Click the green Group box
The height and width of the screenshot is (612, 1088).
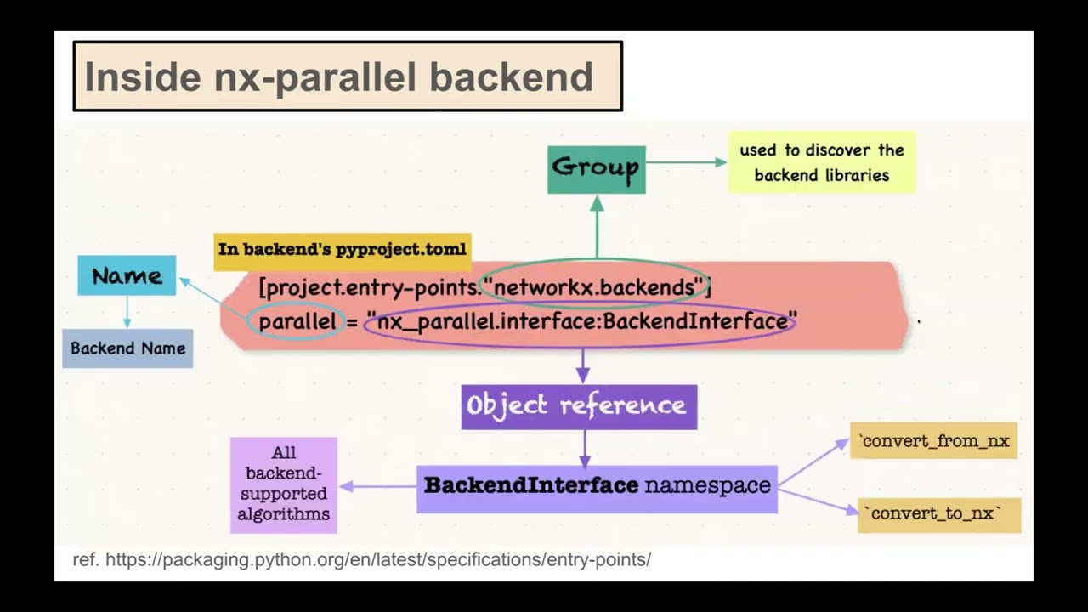click(596, 168)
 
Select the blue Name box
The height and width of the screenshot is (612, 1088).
click(127, 276)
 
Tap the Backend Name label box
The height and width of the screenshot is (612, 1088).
click(127, 348)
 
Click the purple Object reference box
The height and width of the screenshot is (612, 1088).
click(579, 406)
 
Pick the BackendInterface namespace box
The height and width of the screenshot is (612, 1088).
click(597, 487)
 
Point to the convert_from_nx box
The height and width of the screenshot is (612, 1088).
click(933, 441)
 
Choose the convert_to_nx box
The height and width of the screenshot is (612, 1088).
click(938, 514)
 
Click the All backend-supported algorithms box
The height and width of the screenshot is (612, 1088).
click(283, 484)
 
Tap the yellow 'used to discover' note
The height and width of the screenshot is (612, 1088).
click(821, 162)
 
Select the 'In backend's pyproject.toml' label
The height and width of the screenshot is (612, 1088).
click(342, 250)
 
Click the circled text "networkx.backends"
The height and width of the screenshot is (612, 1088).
click(594, 287)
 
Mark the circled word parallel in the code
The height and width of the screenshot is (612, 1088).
click(297, 322)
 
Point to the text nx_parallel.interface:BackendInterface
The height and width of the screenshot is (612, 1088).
click(581, 322)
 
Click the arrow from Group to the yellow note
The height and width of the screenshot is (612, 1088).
click(685, 161)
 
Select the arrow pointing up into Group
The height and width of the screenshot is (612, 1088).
click(597, 226)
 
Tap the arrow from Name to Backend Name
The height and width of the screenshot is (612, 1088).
click(127, 312)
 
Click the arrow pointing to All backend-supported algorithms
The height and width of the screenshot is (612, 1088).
click(378, 487)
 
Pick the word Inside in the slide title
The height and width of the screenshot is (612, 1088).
click(142, 77)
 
